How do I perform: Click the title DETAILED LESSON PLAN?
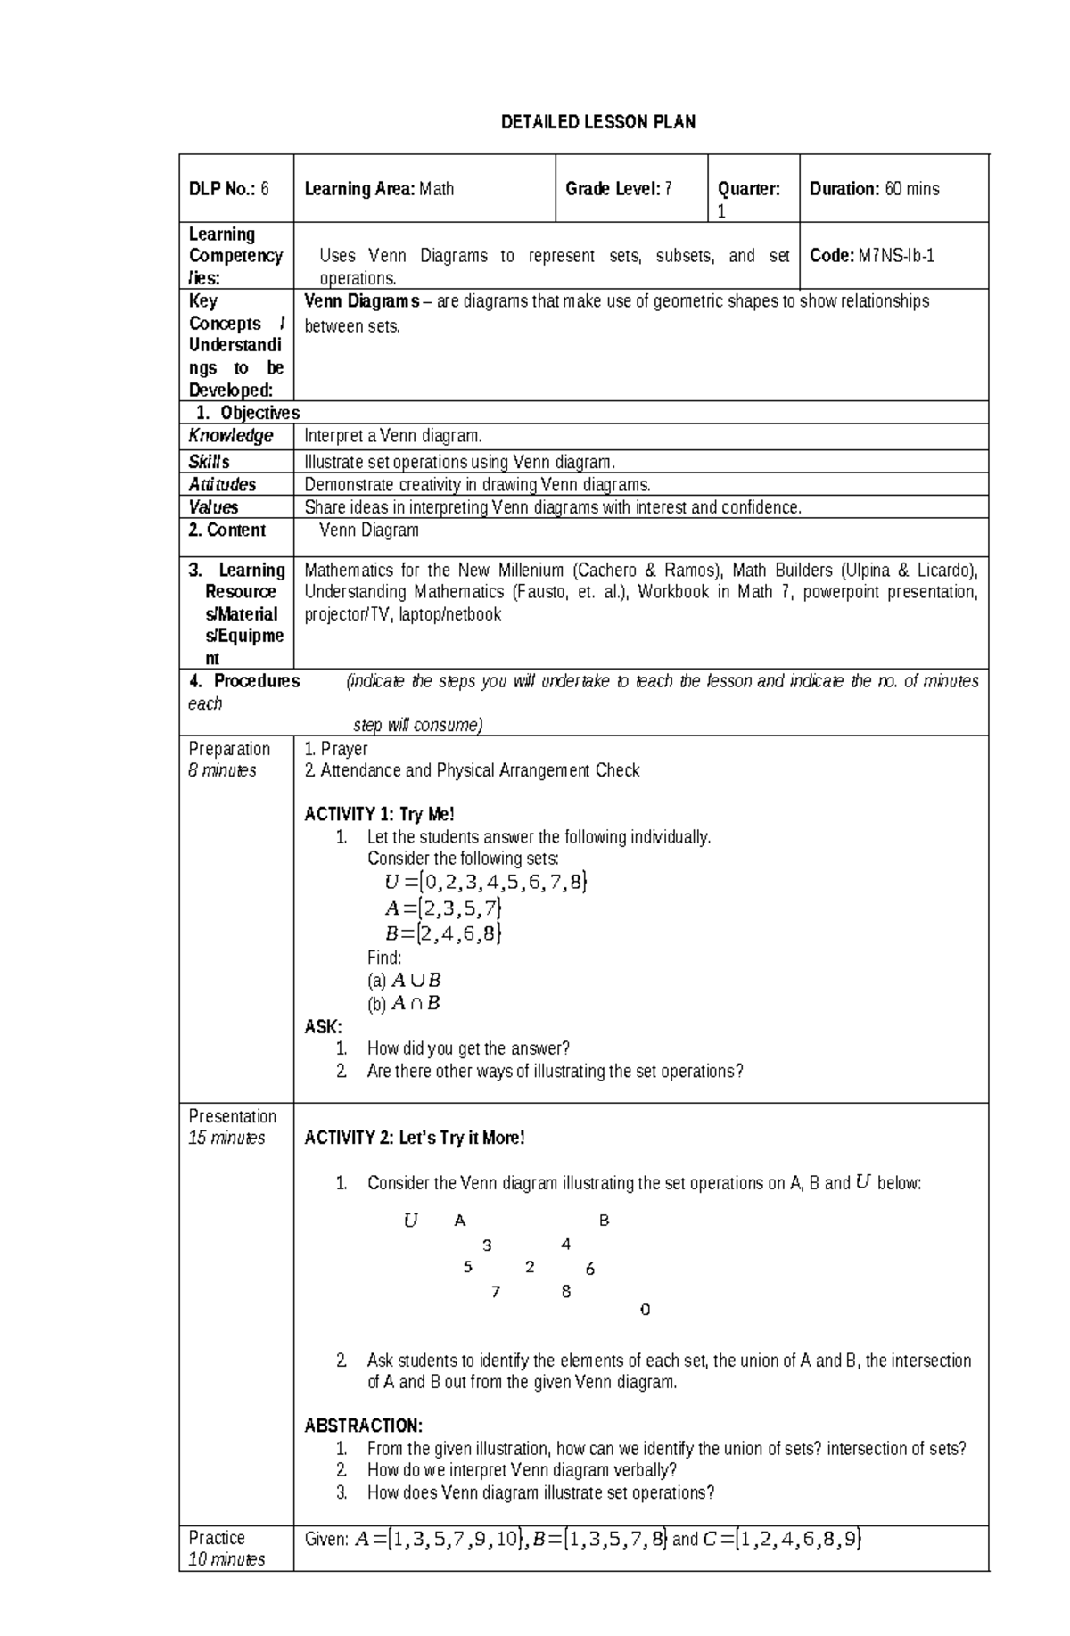pos(597,122)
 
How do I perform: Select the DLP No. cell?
pos(228,189)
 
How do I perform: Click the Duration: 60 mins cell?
pos(874,189)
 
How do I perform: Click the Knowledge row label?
pos(231,436)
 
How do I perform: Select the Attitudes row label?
pos(222,485)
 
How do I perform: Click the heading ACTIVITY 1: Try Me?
pos(379,814)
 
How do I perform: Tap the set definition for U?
pos(486,883)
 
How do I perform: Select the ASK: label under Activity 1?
pos(323,1027)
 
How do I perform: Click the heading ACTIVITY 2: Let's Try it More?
pos(415,1139)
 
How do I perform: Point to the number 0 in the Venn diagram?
pos(645,1310)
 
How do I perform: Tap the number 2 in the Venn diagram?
pos(530,1267)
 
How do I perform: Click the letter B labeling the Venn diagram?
pos(604,1221)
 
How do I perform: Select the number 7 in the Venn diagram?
pos(496,1291)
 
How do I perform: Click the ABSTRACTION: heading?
pos(363,1426)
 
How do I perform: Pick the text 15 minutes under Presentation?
pos(226,1139)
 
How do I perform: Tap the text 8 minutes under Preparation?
pos(222,770)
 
